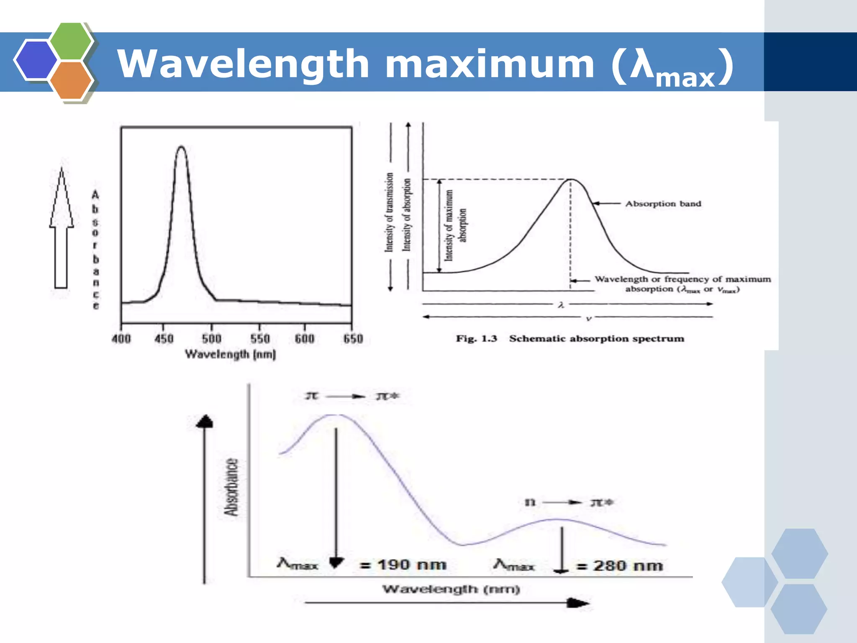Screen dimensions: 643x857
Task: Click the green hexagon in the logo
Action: click(x=71, y=41)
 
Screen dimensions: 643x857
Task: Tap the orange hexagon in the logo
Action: click(x=71, y=80)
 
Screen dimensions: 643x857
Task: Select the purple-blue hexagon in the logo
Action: click(x=36, y=60)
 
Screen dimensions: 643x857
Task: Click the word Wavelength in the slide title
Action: click(x=243, y=64)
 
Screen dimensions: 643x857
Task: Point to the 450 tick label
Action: click(x=164, y=339)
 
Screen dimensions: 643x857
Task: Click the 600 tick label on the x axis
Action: click(x=304, y=339)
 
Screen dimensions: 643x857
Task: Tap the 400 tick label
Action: click(x=121, y=339)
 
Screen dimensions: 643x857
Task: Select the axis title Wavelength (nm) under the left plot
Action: click(x=231, y=355)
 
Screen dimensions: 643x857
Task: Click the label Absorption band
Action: click(x=663, y=204)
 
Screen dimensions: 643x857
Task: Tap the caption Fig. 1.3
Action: click(x=476, y=339)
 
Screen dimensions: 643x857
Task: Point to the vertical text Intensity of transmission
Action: click(x=390, y=212)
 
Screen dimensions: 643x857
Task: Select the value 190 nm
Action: click(x=412, y=565)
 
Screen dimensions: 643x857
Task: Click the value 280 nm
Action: click(x=628, y=566)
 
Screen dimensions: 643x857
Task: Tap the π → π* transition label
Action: click(x=352, y=396)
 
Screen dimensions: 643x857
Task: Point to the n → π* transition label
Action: click(x=569, y=502)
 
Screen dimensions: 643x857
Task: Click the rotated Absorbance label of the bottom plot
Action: click(x=231, y=487)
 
